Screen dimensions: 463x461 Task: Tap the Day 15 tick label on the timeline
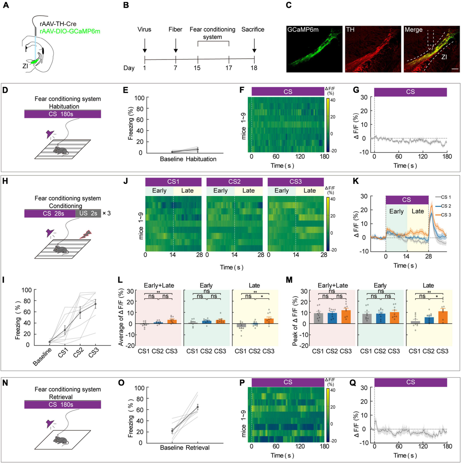(197, 68)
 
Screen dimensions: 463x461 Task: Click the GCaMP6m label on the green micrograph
(303, 30)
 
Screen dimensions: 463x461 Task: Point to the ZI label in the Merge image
(444, 57)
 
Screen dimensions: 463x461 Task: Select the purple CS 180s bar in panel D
(62, 114)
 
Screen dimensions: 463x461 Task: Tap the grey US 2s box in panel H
(88, 213)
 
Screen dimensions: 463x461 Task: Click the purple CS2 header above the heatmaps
(234, 182)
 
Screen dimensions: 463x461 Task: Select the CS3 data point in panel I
(95, 304)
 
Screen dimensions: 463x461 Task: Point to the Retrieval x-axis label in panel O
(197, 448)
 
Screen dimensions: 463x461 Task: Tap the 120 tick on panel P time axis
(300, 446)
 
